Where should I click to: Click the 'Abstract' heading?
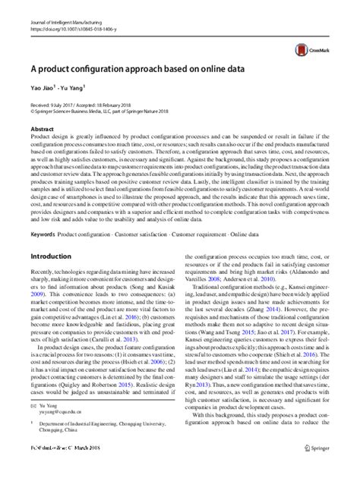(42, 141)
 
